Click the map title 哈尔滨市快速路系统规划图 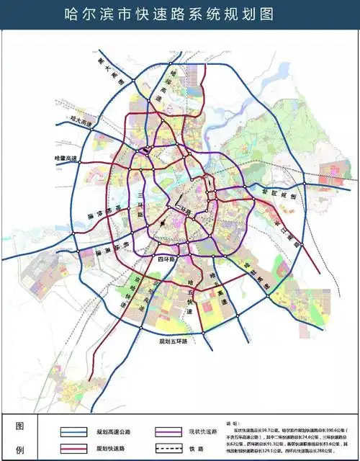[x=180, y=14]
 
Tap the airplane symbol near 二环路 [x=167, y=222]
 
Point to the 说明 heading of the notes [x=232, y=424]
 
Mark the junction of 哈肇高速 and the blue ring [x=81, y=158]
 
